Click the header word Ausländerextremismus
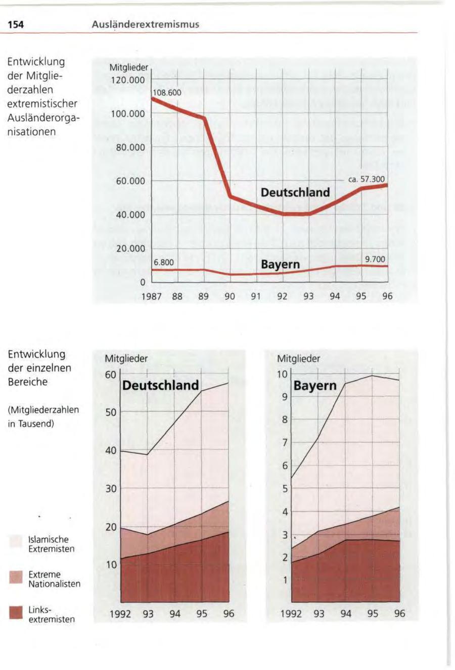click(146, 24)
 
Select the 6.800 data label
click(164, 263)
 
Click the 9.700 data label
click(375, 260)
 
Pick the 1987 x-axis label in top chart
click(151, 297)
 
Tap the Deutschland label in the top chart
click(295, 192)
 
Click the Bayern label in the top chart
click(280, 265)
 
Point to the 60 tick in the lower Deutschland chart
click(111, 375)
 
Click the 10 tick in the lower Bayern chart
click(283, 374)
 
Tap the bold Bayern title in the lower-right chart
click(315, 386)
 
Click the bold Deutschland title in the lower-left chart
click(161, 385)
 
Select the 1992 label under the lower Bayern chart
click(292, 614)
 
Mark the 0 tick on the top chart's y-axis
click(143, 282)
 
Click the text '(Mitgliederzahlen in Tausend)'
click(43, 417)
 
